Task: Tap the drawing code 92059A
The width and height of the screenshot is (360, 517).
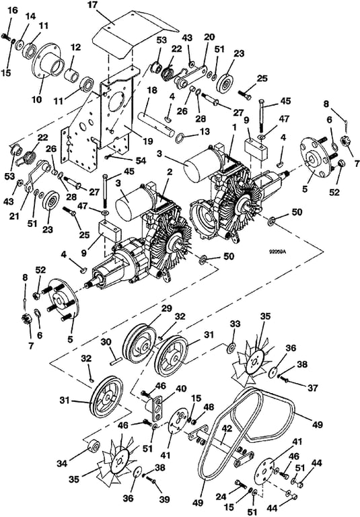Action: [277, 252]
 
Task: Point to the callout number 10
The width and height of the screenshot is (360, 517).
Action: [38, 99]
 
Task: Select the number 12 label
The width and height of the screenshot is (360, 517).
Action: [75, 47]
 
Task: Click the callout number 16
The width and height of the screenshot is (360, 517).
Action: [13, 10]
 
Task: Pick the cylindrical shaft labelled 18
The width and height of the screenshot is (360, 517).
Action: [157, 123]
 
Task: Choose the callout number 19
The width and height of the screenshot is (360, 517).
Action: [148, 141]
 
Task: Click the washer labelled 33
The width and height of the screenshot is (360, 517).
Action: [230, 347]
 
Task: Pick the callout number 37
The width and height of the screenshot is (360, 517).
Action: [312, 388]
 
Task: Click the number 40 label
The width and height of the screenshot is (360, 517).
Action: [181, 388]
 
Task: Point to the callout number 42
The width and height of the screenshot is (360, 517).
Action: [227, 429]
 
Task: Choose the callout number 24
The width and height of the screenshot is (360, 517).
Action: [221, 497]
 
